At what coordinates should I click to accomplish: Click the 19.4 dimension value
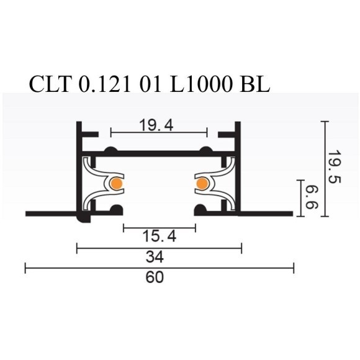(158, 126)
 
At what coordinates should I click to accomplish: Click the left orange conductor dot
(116, 184)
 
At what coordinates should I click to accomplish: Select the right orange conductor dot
(201, 184)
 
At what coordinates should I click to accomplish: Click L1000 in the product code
(197, 84)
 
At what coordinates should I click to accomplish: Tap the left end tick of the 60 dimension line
(25, 268)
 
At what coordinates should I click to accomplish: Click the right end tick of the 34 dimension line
(241, 248)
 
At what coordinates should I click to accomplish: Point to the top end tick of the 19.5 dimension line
(324, 122)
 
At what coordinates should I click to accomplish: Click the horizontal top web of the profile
(158, 153)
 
